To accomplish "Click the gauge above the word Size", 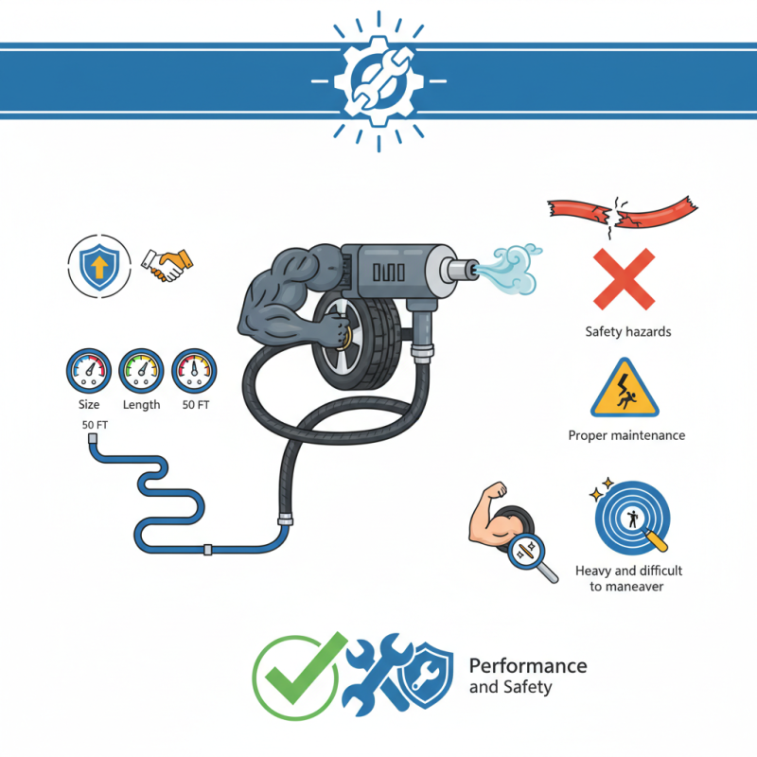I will point(89,372).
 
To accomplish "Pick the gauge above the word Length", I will point(142,372).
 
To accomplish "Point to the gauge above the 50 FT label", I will point(195,372).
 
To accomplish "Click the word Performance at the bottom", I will point(528,666).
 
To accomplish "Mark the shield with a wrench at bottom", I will point(428,677).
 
